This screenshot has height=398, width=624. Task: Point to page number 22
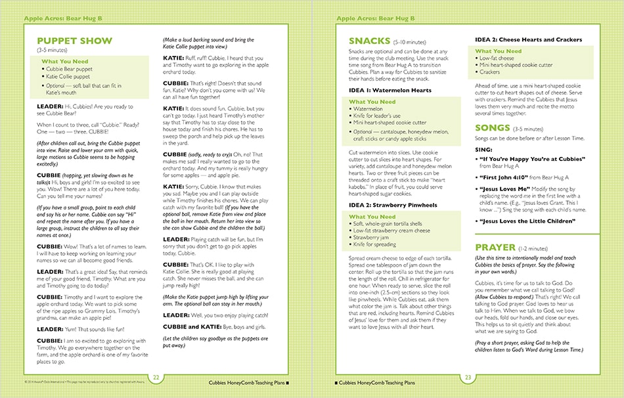tap(156, 377)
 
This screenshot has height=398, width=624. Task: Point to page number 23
tap(468, 377)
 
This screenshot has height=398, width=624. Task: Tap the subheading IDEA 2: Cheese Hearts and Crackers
tap(528, 40)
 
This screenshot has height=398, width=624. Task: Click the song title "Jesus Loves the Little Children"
tap(527, 221)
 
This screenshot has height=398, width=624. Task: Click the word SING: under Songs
tap(483, 148)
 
